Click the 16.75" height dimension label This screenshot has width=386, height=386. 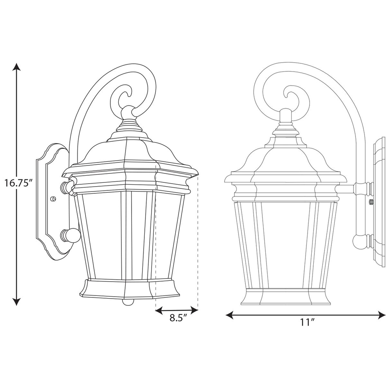[x=18, y=184]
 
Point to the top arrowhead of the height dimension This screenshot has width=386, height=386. [x=16, y=67]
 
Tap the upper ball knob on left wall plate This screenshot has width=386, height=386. [x=68, y=186]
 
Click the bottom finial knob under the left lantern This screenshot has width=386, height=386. [x=128, y=302]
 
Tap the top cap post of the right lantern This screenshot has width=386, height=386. [x=286, y=116]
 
